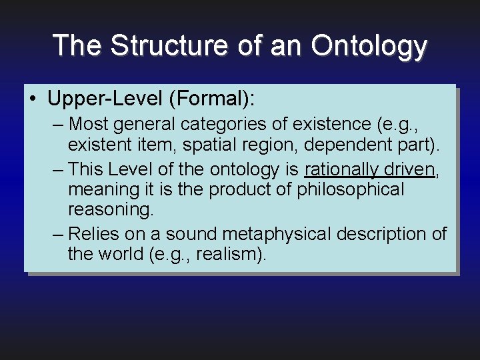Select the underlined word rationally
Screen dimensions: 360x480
click(x=340, y=169)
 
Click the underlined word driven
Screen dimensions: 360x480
click(x=409, y=169)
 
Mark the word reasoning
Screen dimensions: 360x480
click(x=111, y=210)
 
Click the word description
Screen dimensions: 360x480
click(x=383, y=234)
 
